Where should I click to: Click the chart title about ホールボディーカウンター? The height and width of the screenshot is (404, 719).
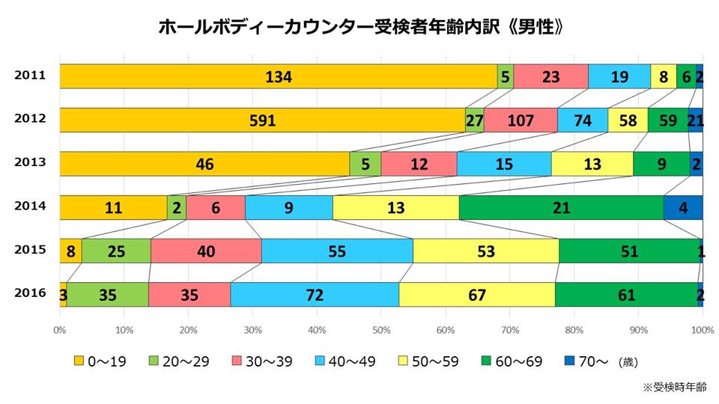click(360, 28)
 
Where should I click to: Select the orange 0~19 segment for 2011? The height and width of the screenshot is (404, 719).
click(278, 76)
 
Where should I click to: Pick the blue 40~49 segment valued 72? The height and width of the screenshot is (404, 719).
click(314, 295)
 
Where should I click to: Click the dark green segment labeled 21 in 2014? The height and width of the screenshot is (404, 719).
click(560, 208)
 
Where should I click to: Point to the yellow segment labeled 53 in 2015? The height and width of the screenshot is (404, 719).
click(485, 251)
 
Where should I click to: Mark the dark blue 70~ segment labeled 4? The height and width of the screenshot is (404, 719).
click(683, 208)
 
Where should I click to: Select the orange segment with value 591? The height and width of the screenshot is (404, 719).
click(262, 120)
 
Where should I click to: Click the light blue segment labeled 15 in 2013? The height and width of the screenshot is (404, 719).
click(503, 164)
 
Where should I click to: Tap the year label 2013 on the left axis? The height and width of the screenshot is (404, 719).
click(30, 162)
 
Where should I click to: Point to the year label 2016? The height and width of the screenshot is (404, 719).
click(30, 293)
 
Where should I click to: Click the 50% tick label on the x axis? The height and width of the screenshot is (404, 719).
click(381, 329)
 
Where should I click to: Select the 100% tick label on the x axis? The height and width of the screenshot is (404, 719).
click(702, 329)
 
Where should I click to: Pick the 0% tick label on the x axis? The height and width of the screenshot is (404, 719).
click(60, 329)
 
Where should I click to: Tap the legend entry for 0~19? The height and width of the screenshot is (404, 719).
click(100, 362)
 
